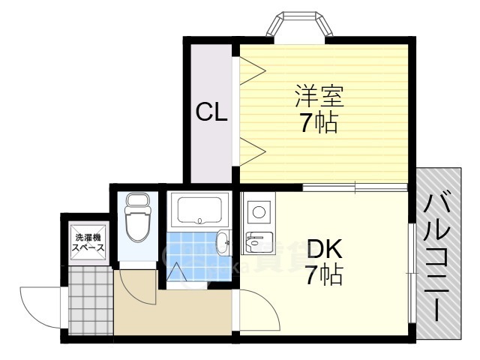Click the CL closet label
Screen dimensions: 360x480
pos(211,112)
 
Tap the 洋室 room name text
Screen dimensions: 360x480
pos(318,97)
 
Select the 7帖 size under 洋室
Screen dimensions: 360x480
pos(318,124)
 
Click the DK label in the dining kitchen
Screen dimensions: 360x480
pos(324,249)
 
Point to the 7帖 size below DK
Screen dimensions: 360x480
pos(323,276)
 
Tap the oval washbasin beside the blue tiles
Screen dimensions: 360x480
pos(223,241)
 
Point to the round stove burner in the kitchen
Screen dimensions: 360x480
pos(259,211)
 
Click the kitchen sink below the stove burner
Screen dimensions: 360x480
pos(256,241)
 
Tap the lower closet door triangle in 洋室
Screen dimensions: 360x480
pos(253,150)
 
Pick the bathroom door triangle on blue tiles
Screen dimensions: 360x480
pos(177,274)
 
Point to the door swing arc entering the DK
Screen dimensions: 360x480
pos(259,311)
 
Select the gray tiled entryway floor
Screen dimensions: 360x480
pos(88,300)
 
